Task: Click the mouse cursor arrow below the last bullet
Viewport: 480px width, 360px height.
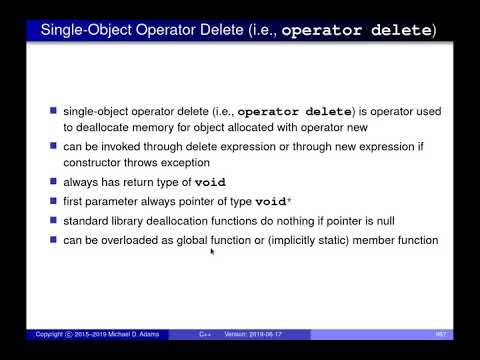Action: [x=212, y=252]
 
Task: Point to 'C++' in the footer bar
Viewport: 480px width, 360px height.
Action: [x=203, y=333]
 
